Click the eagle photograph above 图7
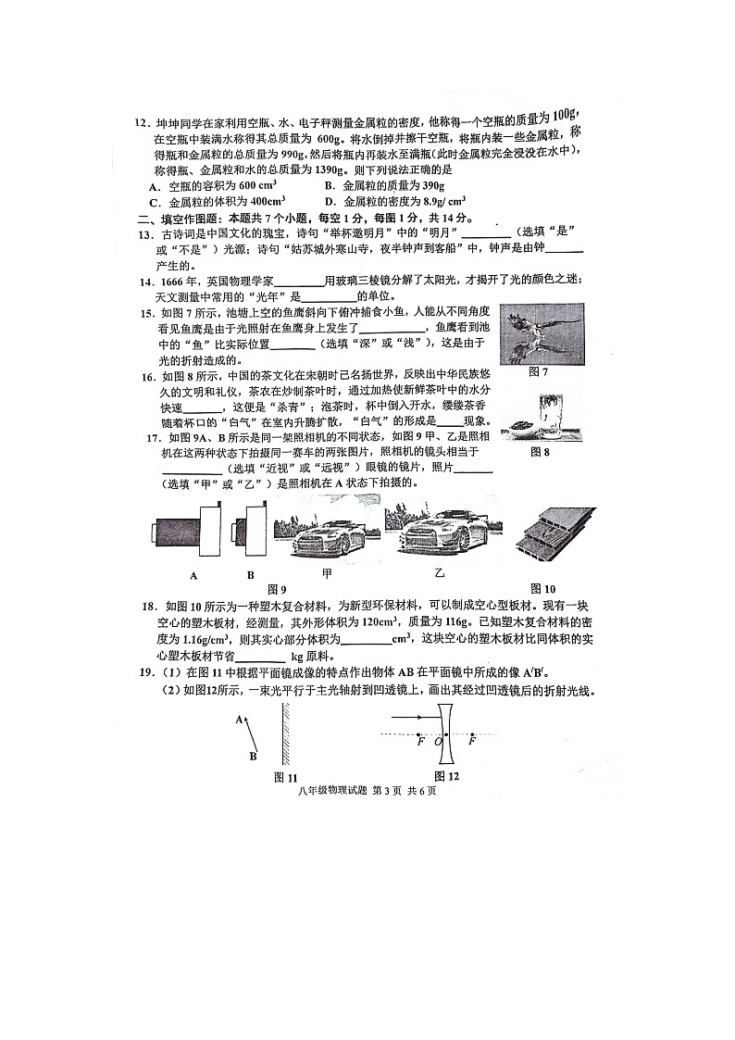(x=542, y=333)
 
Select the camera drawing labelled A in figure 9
(x=186, y=533)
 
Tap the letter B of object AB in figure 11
(x=254, y=757)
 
